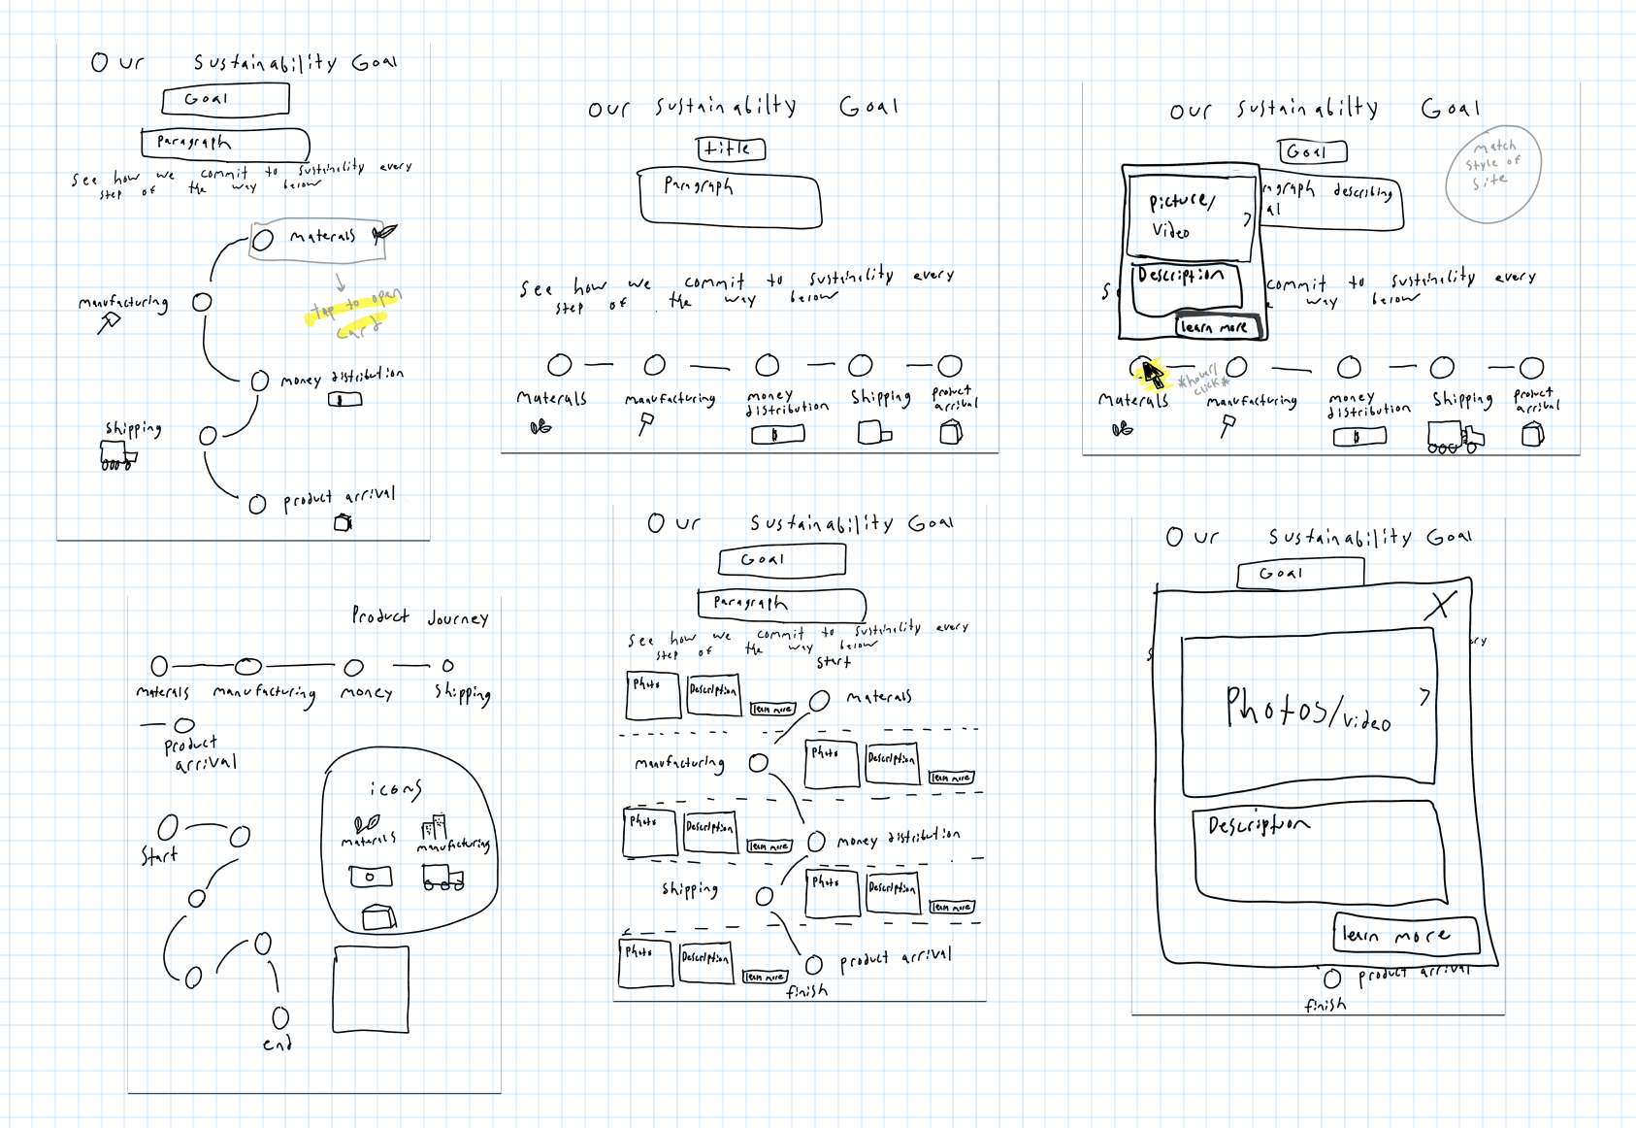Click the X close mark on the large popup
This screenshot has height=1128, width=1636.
click(1441, 605)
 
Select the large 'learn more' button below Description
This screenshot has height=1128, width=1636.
click(1406, 934)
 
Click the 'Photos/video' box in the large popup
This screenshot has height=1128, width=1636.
click(1308, 708)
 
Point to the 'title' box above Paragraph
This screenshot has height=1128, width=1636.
click(731, 149)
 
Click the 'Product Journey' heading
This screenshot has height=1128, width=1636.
click(419, 616)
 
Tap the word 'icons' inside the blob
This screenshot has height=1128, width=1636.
click(395, 788)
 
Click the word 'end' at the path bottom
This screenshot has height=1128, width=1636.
click(277, 1045)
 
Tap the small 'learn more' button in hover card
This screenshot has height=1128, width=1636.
click(1216, 327)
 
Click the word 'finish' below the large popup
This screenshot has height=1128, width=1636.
click(1325, 1006)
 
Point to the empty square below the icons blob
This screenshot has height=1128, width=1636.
click(371, 989)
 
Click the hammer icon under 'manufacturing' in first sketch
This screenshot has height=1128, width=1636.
click(109, 322)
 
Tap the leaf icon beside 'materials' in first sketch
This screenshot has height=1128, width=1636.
click(384, 233)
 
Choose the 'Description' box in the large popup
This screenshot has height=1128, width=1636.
click(1315, 849)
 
